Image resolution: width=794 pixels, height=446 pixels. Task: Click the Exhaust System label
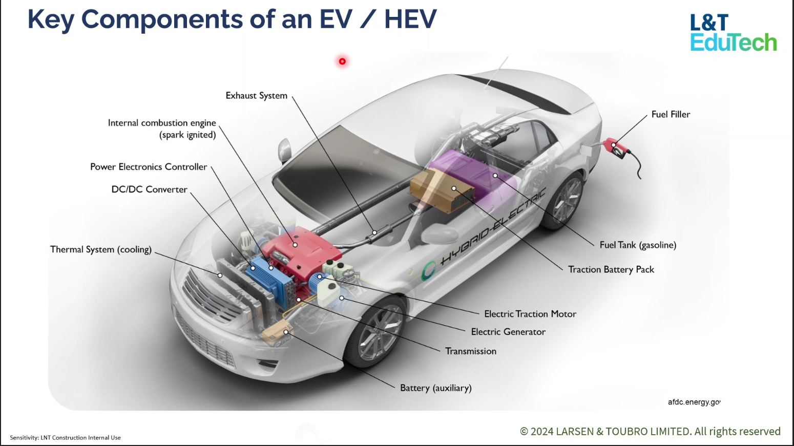pyautogui.click(x=256, y=96)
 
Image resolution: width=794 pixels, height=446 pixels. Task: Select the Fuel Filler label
pyautogui.click(x=671, y=114)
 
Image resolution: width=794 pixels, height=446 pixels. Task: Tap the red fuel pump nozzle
pyautogui.click(x=616, y=147)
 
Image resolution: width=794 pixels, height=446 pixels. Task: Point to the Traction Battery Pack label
pyautogui.click(x=611, y=269)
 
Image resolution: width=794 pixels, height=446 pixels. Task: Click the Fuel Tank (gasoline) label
pyautogui.click(x=638, y=245)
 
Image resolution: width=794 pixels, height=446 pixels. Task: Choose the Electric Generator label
pyautogui.click(x=508, y=332)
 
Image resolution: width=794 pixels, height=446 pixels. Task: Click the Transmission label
pyautogui.click(x=471, y=351)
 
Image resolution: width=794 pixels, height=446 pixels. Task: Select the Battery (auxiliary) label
pyautogui.click(x=435, y=388)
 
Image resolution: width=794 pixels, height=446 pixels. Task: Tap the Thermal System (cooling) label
pyautogui.click(x=101, y=249)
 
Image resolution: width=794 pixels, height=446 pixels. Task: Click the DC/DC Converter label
pyautogui.click(x=149, y=189)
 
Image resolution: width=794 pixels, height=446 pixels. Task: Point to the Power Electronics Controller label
pyautogui.click(x=149, y=167)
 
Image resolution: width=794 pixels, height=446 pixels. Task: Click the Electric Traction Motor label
pyautogui.click(x=530, y=314)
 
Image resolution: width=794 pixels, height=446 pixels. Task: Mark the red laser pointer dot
pyautogui.click(x=342, y=61)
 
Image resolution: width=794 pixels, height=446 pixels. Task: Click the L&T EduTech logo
pyautogui.click(x=733, y=33)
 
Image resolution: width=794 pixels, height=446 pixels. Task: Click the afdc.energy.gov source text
pyautogui.click(x=694, y=402)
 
